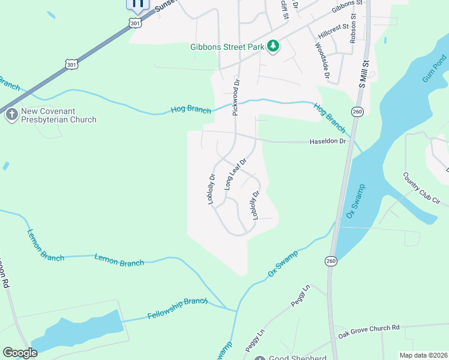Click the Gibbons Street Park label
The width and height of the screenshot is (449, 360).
(227, 47)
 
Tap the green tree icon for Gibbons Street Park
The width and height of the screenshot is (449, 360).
(273, 47)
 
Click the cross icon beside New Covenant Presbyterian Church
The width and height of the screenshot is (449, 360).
(11, 115)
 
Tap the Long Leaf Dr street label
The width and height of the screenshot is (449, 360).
(236, 175)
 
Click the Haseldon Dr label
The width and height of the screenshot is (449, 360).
(328, 142)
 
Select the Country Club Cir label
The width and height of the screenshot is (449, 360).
(422, 190)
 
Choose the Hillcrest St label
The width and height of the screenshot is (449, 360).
(334, 32)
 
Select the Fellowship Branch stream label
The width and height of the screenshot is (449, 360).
(177, 308)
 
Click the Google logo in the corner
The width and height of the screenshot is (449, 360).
(20, 353)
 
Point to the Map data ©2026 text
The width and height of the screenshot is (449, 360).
(423, 355)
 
